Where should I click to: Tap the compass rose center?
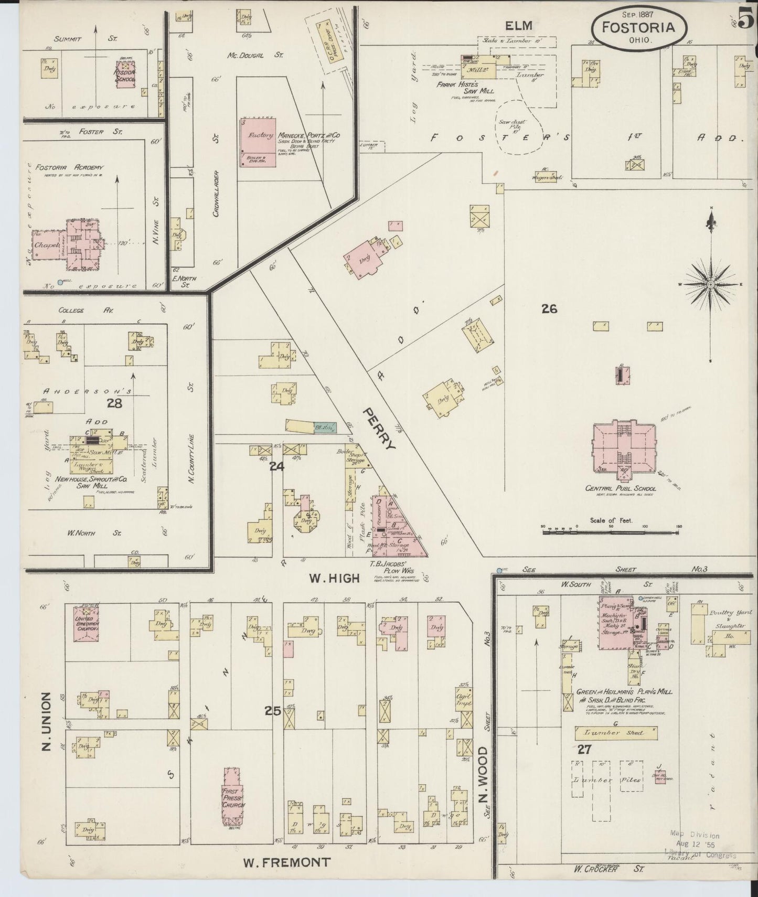tap(710, 284)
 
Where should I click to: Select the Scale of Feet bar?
tap(611, 532)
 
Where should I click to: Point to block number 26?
tap(549, 309)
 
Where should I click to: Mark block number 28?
tap(114, 402)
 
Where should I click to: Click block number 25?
tap(272, 711)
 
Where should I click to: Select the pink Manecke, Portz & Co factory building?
tap(258, 142)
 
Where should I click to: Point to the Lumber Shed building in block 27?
tap(616, 733)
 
